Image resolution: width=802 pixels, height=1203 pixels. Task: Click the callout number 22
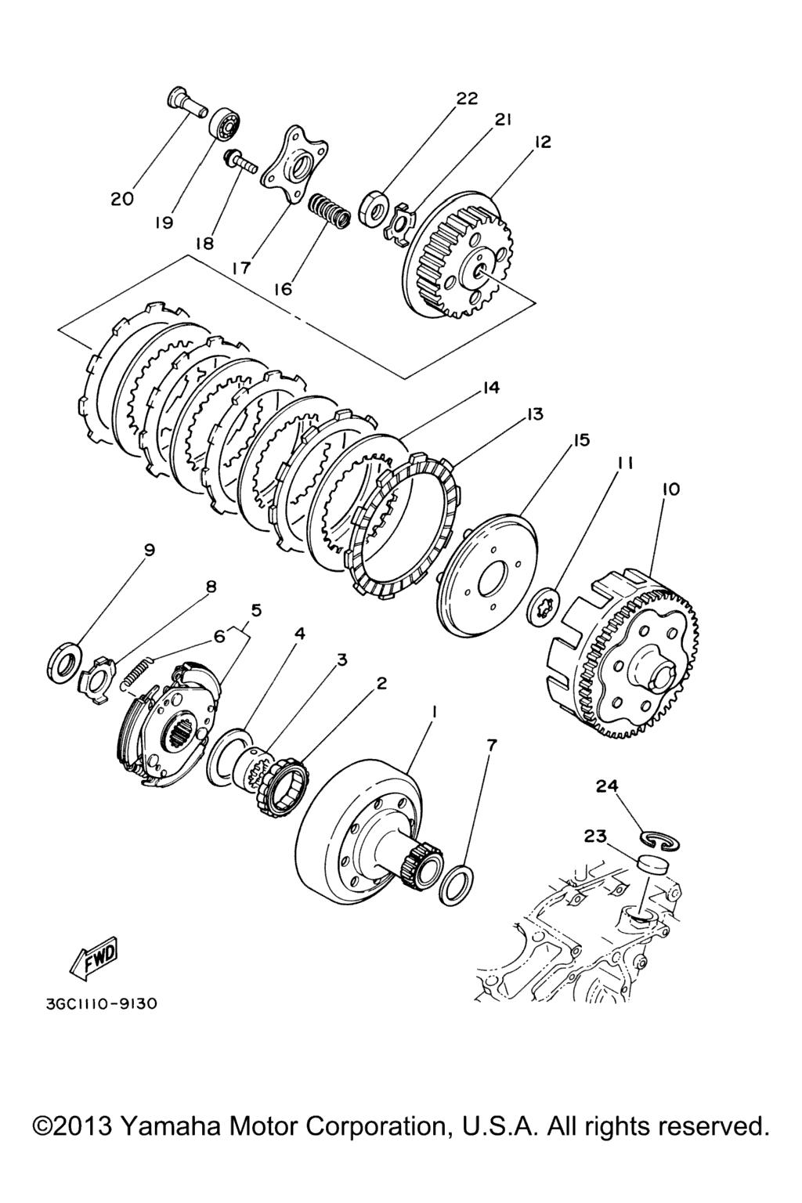point(467,98)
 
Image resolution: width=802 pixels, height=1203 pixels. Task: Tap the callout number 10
point(671,490)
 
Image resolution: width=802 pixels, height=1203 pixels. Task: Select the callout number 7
point(492,744)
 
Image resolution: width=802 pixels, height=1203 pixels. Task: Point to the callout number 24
point(607,786)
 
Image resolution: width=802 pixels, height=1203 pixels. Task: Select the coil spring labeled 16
point(329,211)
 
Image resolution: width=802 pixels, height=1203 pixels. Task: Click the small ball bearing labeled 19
point(224,125)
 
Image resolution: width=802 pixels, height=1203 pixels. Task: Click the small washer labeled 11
point(544,608)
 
